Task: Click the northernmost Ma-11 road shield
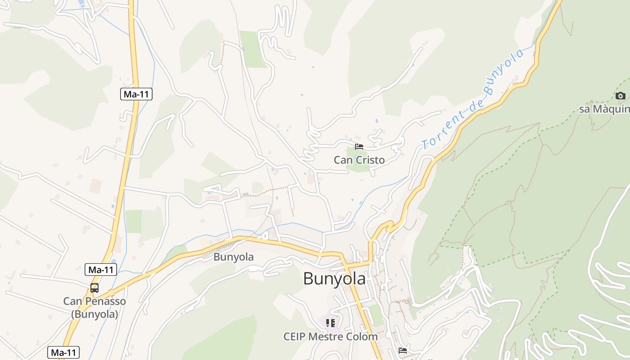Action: [136, 94]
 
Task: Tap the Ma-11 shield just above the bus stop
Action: [101, 270]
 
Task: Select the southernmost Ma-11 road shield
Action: [63, 352]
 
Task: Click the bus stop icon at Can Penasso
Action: [94, 288]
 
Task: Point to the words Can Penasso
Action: [94, 301]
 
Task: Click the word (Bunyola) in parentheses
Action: [94, 314]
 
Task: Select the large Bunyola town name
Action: [334, 279]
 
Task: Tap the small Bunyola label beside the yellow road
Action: [234, 257]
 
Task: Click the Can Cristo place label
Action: [359, 160]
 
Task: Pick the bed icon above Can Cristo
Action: [359, 146]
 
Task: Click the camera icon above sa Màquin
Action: [620, 96]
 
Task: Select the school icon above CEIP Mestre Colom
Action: [331, 323]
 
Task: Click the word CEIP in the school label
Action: [295, 336]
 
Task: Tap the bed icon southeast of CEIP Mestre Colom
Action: [403, 350]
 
